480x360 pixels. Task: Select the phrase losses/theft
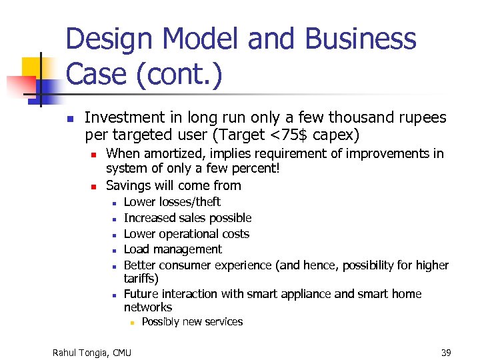coord(189,202)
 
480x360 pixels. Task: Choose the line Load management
coord(173,249)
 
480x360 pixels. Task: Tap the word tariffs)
coord(141,278)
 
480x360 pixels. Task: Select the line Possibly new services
coord(192,322)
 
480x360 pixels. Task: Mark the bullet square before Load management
coord(115,251)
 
